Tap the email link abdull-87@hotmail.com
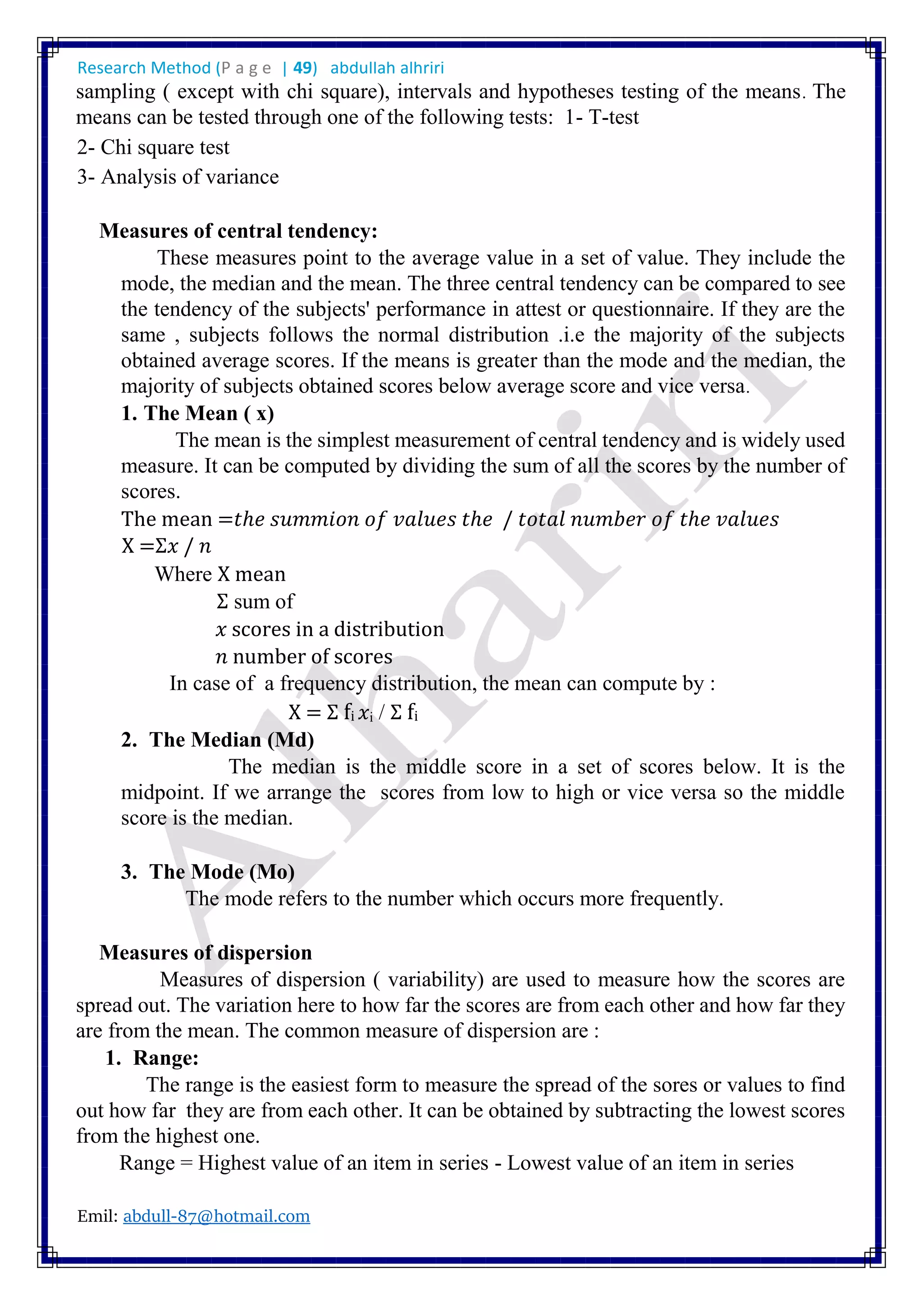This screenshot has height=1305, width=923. click(x=216, y=1216)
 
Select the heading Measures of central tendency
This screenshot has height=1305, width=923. click(x=238, y=231)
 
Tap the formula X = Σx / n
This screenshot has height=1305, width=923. click(x=166, y=546)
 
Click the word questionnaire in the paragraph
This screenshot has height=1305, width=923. click(x=653, y=309)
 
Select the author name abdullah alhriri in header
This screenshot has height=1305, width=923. click(x=387, y=68)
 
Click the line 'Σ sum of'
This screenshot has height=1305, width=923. click(x=255, y=601)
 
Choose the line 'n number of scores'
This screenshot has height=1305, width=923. click(x=304, y=657)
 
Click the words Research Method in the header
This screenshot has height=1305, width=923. click(x=144, y=68)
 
